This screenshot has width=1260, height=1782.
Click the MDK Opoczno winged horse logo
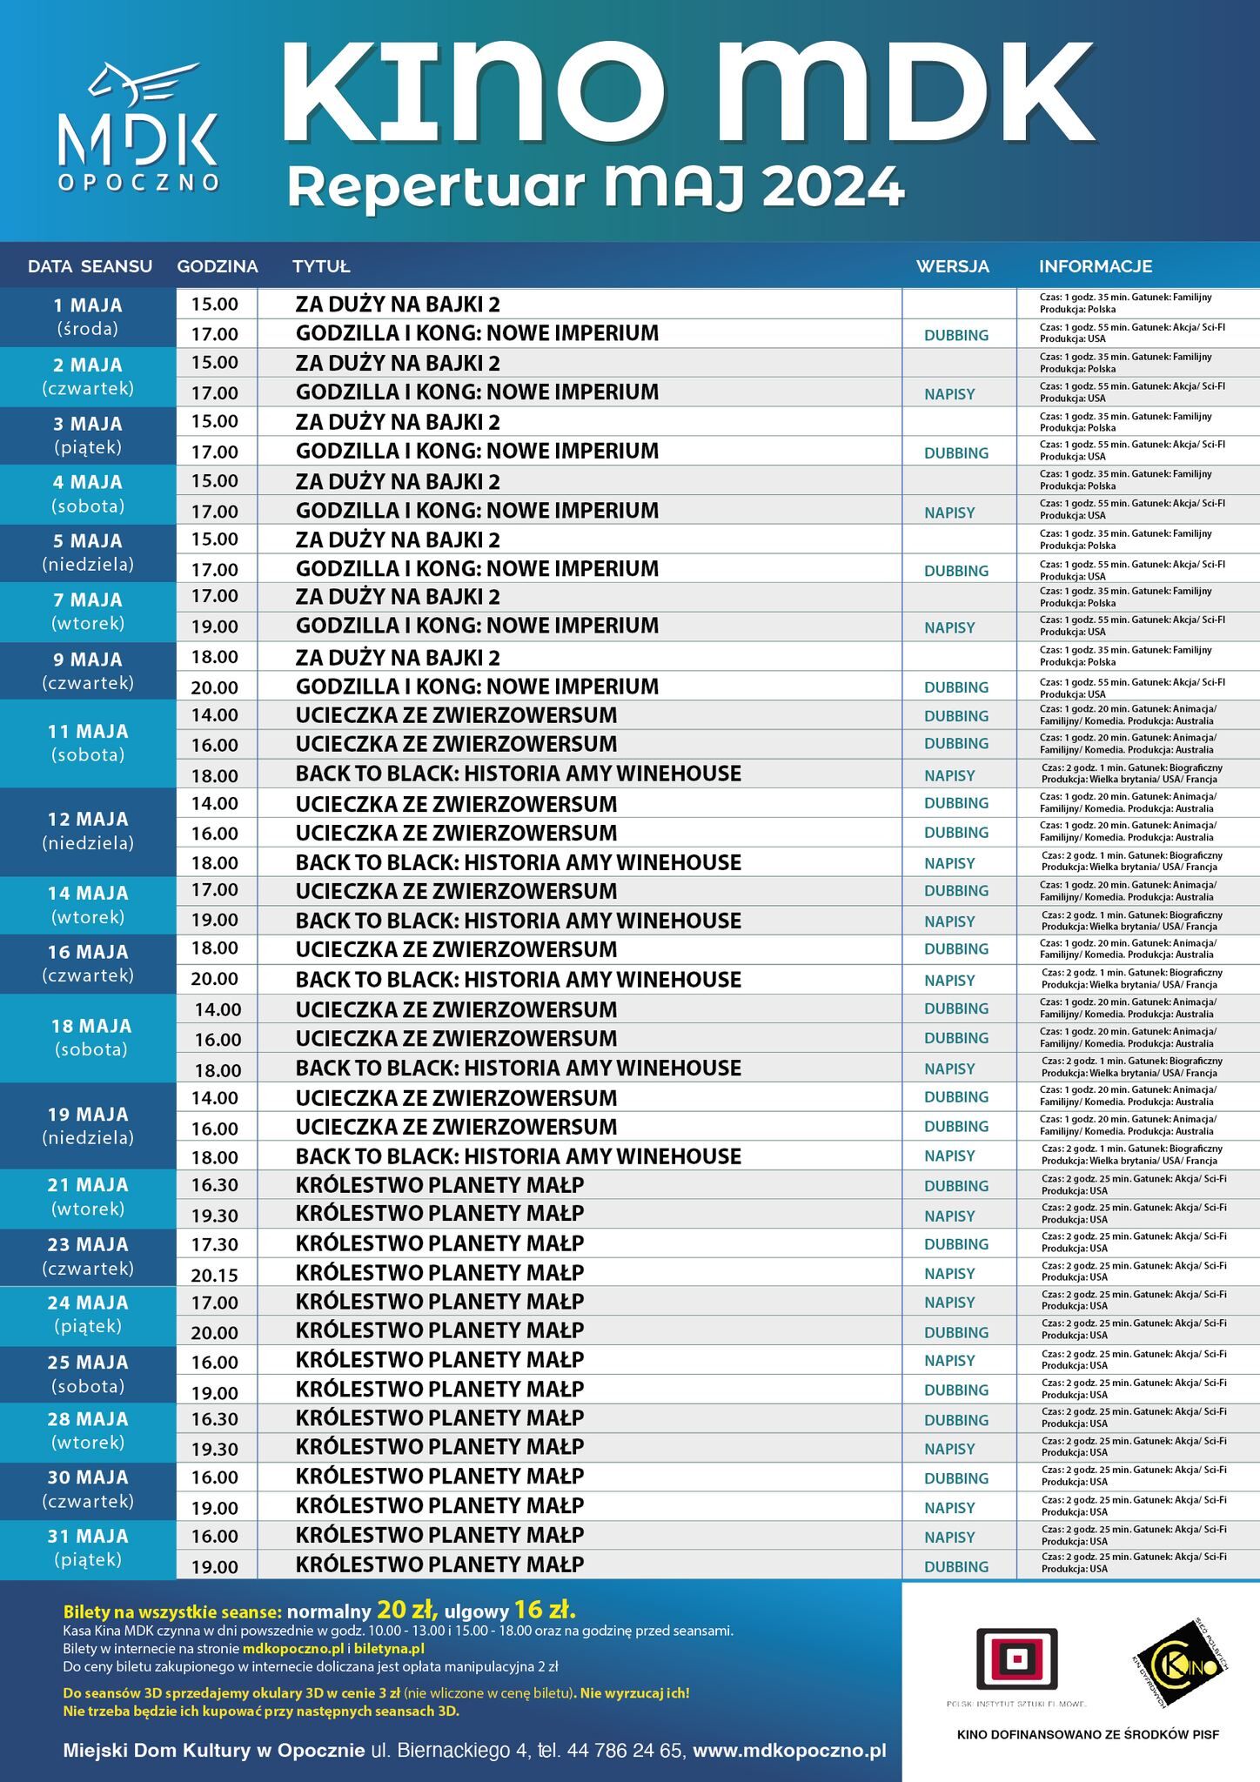[x=138, y=126]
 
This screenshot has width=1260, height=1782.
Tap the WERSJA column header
[x=952, y=266]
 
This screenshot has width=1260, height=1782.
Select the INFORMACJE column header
[x=1095, y=266]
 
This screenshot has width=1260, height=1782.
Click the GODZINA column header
[x=217, y=266]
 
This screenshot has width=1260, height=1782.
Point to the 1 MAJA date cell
[x=88, y=317]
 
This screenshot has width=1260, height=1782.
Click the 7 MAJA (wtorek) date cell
[x=88, y=611]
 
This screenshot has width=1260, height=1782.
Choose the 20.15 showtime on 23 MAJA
[x=214, y=1275]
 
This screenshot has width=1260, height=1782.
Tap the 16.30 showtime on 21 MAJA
[x=214, y=1185]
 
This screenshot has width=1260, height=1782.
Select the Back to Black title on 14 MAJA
[x=518, y=921]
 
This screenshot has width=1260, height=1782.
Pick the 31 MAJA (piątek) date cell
[x=88, y=1547]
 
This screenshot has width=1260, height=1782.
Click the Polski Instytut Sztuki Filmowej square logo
[x=1015, y=1659]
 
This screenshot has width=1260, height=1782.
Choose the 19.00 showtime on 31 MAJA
[x=214, y=1567]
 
